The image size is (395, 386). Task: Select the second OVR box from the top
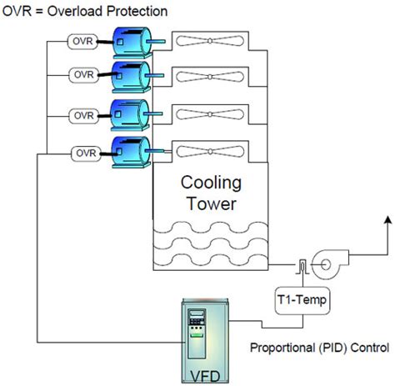[x=84, y=76]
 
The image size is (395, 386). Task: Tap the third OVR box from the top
[x=84, y=114]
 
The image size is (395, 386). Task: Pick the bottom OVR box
[x=84, y=153]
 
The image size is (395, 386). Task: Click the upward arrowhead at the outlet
[x=387, y=218]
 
